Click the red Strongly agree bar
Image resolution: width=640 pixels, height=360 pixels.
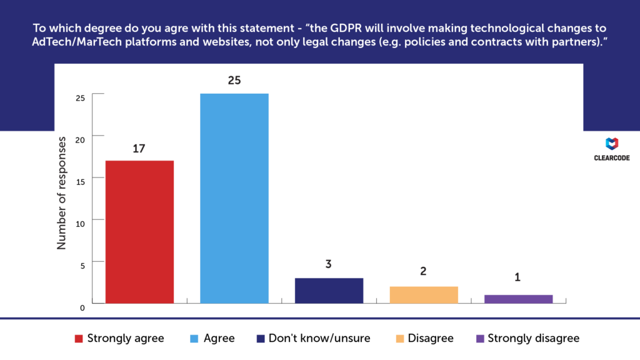click(x=139, y=232)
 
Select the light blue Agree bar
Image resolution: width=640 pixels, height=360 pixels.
click(x=234, y=199)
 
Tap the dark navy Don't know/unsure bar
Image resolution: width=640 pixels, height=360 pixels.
click(x=329, y=291)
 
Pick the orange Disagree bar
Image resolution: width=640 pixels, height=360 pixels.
click(x=424, y=295)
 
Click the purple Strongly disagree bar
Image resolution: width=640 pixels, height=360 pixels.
click(x=519, y=299)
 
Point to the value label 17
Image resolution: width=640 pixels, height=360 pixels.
click(x=139, y=149)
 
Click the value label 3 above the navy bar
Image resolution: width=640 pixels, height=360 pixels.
click(x=329, y=264)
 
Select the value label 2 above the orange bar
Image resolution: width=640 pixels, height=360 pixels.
click(x=424, y=272)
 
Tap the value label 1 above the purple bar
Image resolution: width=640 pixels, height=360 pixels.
click(x=518, y=277)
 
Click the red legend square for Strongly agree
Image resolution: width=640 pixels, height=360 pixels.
click(x=79, y=339)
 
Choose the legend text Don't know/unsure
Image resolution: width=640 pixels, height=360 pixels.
click(x=319, y=338)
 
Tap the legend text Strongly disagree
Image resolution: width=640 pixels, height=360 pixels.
click(x=533, y=338)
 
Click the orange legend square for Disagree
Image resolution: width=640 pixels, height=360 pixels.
click(x=399, y=339)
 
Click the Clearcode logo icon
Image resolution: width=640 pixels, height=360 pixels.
click(x=612, y=144)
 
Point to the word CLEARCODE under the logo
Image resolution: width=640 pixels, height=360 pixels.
click(x=612, y=159)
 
